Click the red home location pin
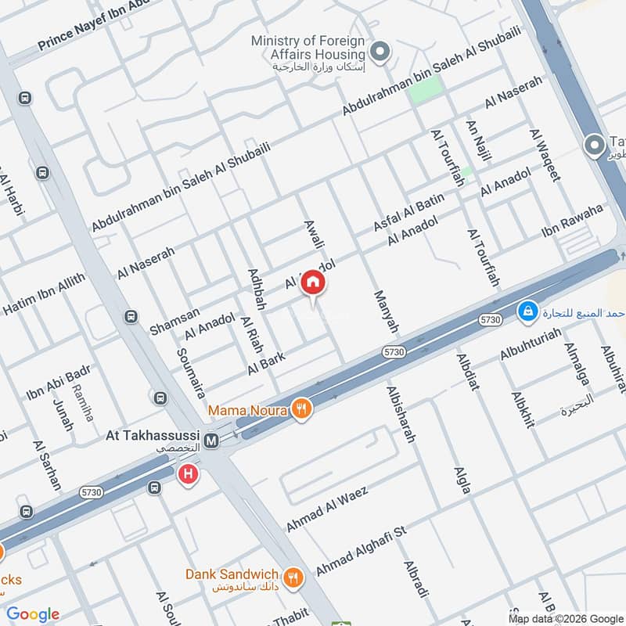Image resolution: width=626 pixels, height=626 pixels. tap(313, 282)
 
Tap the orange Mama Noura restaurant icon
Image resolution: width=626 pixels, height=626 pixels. tap(300, 408)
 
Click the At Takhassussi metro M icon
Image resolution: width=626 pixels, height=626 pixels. tap(210, 441)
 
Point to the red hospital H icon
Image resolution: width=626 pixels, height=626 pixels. tap(188, 474)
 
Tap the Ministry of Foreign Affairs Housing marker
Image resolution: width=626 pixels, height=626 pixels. tap(380, 52)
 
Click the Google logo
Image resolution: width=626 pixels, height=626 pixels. tap(33, 614)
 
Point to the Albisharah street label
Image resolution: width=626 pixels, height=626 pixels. tap(399, 415)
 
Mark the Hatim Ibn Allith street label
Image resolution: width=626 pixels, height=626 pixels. tap(43, 294)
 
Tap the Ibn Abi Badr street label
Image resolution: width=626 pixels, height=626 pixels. tap(59, 380)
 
